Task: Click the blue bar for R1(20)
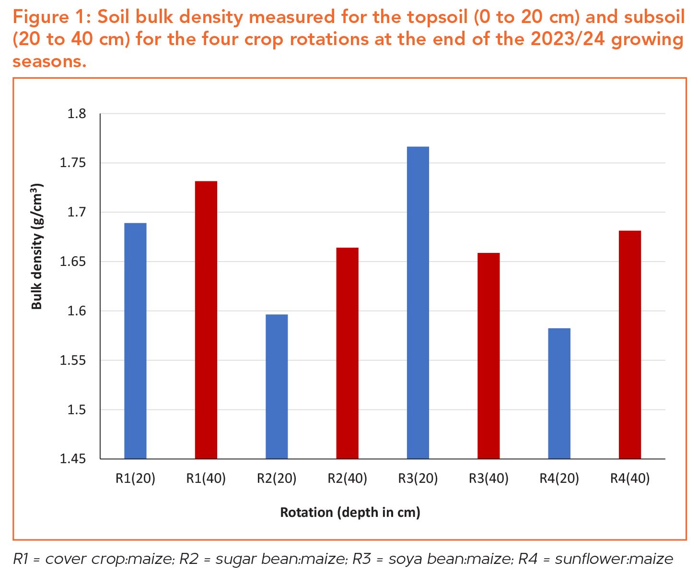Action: coord(135,341)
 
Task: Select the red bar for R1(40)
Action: coord(206,320)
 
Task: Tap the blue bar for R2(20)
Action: coord(277,386)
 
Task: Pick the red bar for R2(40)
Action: coord(348,353)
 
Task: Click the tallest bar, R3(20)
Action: coord(418,302)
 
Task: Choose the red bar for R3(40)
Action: coord(489,356)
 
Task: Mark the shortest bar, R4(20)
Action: coord(559,393)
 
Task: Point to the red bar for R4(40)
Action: coord(630,345)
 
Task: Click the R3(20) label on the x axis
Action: coord(418,478)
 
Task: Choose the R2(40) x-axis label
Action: coord(348,478)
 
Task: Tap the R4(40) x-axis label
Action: coord(630,478)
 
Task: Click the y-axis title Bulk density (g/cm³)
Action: coord(37,246)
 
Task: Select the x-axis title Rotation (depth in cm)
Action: coord(350,513)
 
